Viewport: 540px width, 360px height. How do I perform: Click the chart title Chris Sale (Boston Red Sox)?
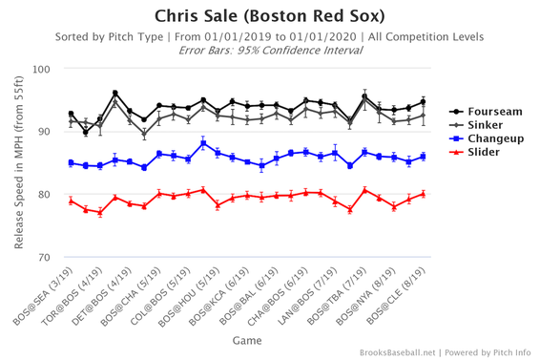pos(269,16)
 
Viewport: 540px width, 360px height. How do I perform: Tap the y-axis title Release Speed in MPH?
pos(18,163)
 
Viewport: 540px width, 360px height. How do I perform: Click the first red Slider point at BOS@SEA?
pos(71,201)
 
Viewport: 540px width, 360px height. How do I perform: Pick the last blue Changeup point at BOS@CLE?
pos(423,157)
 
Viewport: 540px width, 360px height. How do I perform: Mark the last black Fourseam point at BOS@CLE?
pos(423,102)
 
